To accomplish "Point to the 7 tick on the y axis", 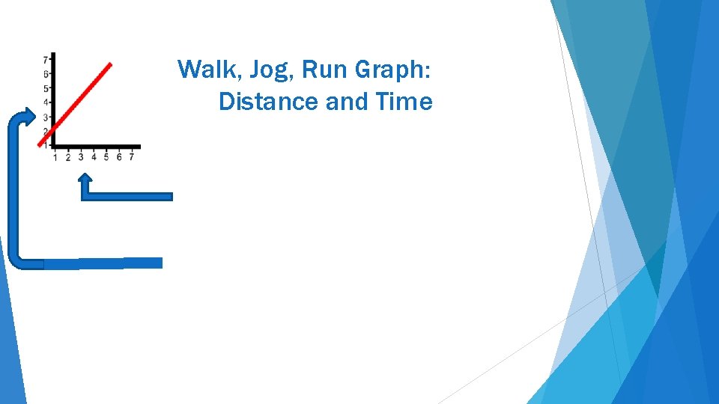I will click(x=46, y=59).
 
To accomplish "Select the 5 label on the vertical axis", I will click(x=46, y=88).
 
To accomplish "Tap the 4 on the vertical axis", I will click(x=46, y=102).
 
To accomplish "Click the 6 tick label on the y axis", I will click(x=46, y=74).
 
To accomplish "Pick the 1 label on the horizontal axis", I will click(x=55, y=157).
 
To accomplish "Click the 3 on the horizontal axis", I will click(x=81, y=157).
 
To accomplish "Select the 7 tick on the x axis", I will click(x=132, y=157).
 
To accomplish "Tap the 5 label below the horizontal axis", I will click(x=106, y=157).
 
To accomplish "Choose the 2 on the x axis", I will click(x=67, y=157).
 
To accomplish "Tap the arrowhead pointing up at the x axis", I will click(x=86, y=180).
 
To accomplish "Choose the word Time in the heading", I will click(x=404, y=101).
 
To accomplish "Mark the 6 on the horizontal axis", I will click(x=119, y=157).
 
